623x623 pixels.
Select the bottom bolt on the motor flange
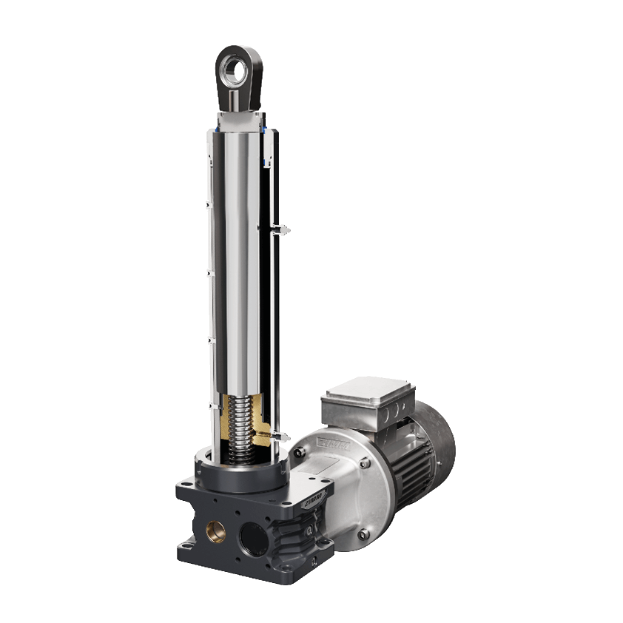click(x=360, y=535)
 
